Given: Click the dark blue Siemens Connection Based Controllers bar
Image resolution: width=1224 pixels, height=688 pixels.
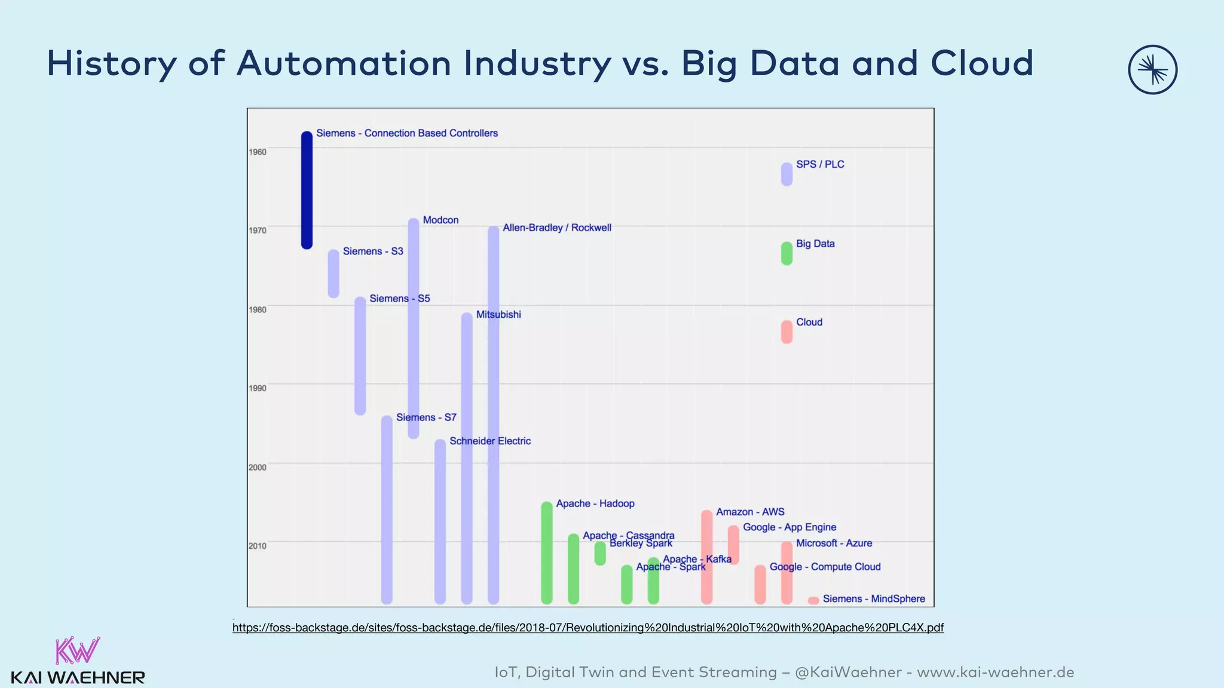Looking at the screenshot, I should click(x=307, y=190).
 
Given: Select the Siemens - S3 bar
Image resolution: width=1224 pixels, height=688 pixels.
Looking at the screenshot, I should click(x=333, y=274).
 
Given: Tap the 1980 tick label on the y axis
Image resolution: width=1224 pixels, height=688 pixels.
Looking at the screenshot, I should click(x=258, y=309).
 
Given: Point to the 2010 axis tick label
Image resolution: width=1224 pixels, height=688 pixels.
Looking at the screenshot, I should click(x=258, y=546).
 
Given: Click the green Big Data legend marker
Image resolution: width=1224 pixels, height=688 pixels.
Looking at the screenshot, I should click(x=787, y=253).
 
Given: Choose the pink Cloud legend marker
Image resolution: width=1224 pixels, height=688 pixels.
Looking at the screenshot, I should click(x=787, y=332).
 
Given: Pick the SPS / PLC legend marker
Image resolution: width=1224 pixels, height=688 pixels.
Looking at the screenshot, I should click(x=787, y=174).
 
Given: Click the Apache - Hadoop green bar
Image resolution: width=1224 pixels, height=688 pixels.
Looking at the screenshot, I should click(x=546, y=552).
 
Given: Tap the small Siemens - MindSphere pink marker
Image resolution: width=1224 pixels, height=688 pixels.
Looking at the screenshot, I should click(x=813, y=600).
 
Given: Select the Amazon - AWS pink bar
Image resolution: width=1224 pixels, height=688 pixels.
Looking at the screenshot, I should click(x=706, y=557).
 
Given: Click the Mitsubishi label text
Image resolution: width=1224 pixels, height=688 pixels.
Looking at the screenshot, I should click(x=498, y=315).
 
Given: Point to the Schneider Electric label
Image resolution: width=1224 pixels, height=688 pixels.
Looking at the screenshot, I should click(x=490, y=441).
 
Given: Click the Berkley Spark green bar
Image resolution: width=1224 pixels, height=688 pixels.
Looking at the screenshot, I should click(x=600, y=554).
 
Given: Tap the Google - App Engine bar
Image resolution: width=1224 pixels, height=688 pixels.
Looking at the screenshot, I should click(x=733, y=545).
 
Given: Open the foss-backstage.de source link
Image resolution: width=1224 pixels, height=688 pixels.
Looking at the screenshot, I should click(x=587, y=628).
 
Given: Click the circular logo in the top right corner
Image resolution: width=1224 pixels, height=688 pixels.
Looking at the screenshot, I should click(x=1152, y=70).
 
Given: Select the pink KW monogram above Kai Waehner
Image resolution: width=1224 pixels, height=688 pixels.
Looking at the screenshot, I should click(x=78, y=651).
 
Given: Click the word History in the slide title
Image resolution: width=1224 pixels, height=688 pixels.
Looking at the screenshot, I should click(x=112, y=63).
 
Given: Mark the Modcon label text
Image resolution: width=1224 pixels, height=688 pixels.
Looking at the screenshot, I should click(x=440, y=220).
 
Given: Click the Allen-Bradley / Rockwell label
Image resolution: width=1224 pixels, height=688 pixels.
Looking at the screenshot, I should click(x=556, y=228).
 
